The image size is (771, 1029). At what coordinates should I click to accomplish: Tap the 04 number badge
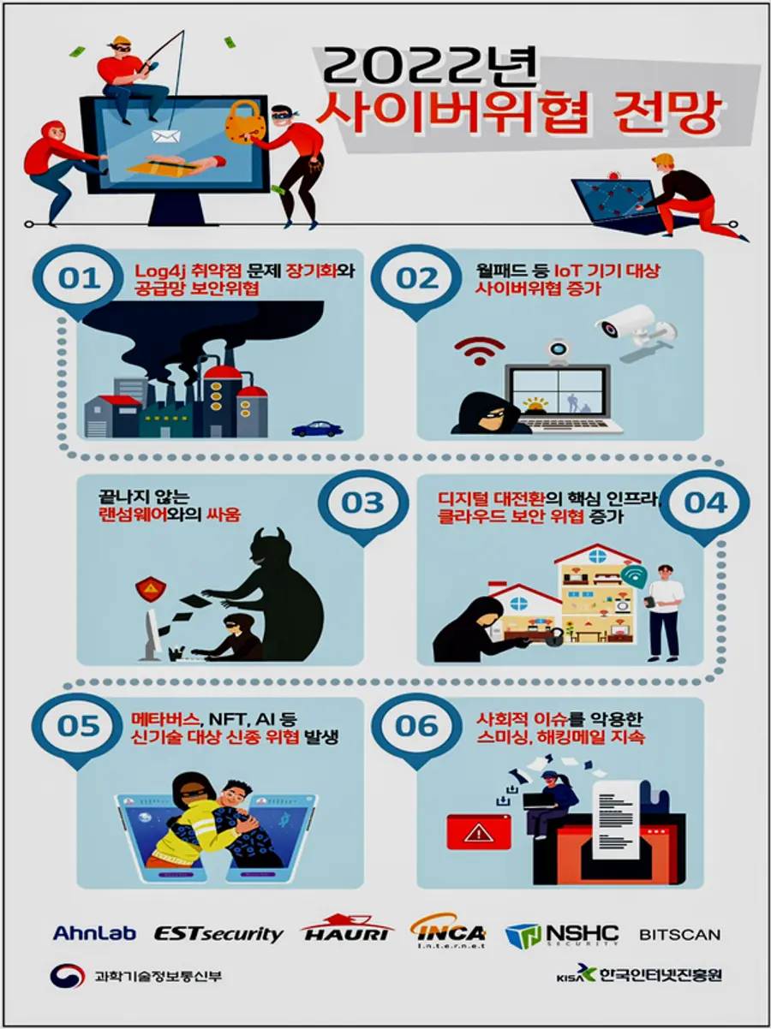pyautogui.click(x=705, y=503)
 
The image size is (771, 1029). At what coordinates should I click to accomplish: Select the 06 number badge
pyautogui.click(x=417, y=726)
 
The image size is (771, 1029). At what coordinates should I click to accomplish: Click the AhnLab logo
pyautogui.click(x=95, y=933)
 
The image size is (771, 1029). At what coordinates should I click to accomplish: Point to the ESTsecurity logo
pyautogui.click(x=218, y=933)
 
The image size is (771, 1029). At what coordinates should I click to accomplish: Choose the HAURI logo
pyautogui.click(x=347, y=931)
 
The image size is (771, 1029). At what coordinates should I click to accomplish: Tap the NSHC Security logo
pyautogui.click(x=561, y=934)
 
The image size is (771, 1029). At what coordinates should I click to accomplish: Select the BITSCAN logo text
pyautogui.click(x=679, y=934)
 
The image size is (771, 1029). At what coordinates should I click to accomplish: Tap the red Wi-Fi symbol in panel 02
pyautogui.click(x=479, y=349)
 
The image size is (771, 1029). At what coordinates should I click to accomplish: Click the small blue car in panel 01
pyautogui.click(x=316, y=428)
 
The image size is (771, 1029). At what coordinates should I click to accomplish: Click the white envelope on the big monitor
pyautogui.click(x=162, y=136)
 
